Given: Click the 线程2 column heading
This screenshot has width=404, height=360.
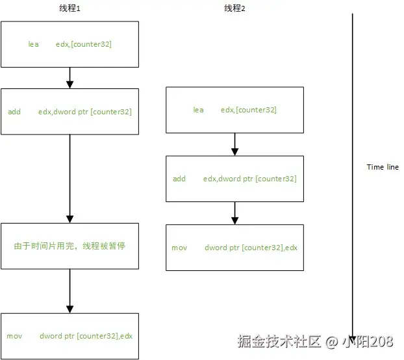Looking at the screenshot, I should coord(234,8).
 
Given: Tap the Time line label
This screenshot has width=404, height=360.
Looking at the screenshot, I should coord(383,167).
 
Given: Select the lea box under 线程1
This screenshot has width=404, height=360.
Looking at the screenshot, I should coord(69,44).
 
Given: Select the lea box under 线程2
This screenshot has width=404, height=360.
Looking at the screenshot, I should coord(234,110).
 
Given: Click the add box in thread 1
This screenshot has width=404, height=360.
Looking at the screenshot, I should coord(69,112).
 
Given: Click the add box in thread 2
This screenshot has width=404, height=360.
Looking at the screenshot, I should coord(234,179).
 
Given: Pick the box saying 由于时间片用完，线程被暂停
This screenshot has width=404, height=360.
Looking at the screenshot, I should coord(69,246).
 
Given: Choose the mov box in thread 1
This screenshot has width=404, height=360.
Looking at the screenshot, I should coord(69,336).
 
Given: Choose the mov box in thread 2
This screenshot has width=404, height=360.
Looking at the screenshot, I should coord(234,248).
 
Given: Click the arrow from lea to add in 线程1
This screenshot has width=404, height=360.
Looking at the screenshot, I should coord(69,77).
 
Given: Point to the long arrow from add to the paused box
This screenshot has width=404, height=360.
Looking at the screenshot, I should coord(69,178).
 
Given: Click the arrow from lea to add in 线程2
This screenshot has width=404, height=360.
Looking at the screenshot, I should coord(234,144).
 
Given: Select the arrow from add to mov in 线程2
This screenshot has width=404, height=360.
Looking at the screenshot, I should coord(234,213).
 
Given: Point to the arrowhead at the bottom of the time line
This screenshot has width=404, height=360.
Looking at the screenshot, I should coord(352,335).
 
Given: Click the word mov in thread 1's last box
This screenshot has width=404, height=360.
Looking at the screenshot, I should coord(14,336).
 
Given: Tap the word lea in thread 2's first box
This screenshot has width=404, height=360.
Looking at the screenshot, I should coord(198,110).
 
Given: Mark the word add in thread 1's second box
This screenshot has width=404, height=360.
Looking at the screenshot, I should coord(14,112).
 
